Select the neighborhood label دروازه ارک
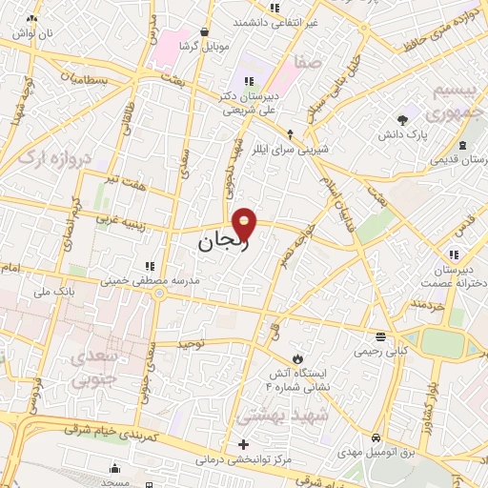49,157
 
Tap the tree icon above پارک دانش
404,120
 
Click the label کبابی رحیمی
379,351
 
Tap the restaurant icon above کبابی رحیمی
380,336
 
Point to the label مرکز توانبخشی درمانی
243,459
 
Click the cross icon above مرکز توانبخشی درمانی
244,444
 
